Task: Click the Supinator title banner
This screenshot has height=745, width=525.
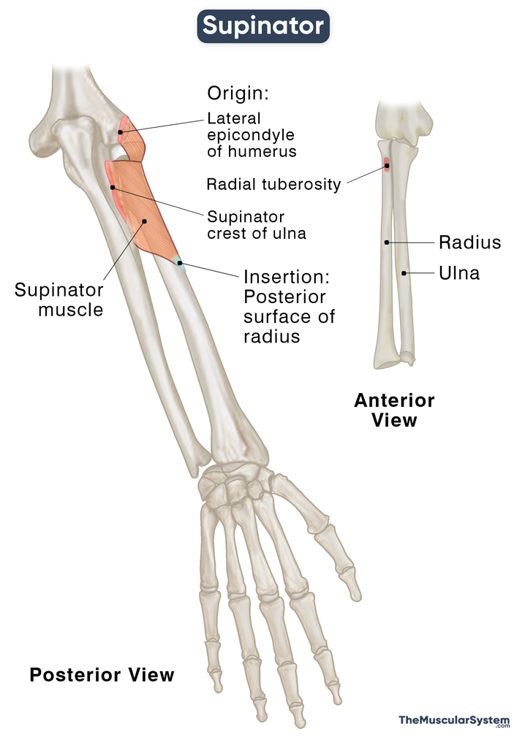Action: (263, 26)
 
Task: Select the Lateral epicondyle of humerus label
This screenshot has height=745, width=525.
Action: (252, 134)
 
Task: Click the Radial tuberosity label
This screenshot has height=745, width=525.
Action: (273, 184)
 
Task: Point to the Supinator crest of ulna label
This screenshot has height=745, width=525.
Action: (256, 225)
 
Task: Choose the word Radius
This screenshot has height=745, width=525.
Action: (469, 242)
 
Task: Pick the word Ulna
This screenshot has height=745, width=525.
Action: (459, 274)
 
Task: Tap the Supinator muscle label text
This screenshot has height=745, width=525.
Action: (58, 299)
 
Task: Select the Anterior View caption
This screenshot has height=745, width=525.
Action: (394, 410)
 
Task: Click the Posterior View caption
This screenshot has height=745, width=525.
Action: (102, 674)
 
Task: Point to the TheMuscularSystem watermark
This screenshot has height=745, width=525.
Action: (453, 721)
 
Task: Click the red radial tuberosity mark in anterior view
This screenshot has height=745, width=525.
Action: (387, 166)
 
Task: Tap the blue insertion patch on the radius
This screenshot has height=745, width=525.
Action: (179, 263)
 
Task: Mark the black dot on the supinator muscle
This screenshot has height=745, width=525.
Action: (145, 221)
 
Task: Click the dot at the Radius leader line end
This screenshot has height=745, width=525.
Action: (387, 242)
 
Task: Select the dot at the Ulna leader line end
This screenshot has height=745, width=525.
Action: (403, 273)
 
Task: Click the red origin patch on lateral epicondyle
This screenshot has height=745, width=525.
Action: (124, 131)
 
